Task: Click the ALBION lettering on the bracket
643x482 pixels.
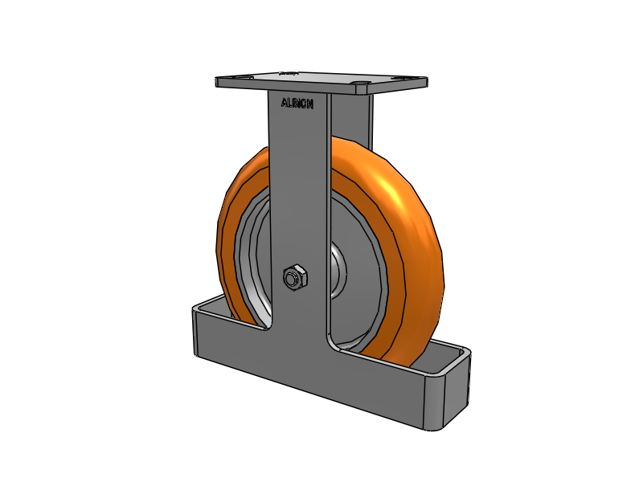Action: click(x=297, y=102)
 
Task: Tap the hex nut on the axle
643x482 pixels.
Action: click(x=295, y=277)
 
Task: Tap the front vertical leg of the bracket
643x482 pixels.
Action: click(x=299, y=201)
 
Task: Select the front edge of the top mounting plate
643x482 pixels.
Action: click(x=321, y=90)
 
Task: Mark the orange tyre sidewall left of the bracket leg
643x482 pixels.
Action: click(x=229, y=233)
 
